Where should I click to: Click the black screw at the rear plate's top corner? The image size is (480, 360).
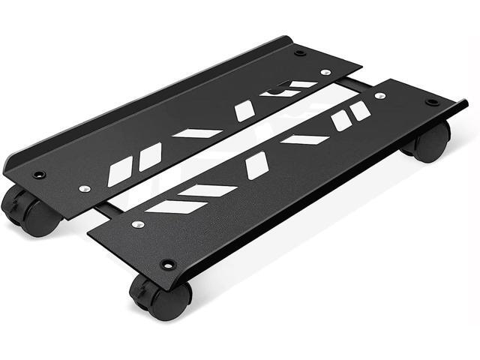coord(300,52)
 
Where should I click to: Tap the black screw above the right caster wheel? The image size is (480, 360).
coord(432,102)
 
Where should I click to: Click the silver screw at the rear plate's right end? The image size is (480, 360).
coord(325,73)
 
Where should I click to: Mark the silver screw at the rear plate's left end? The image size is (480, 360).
coord(85,188)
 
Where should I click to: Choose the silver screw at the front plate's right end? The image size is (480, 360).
coord(379,95)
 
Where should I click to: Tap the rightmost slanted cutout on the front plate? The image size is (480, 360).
coord(361,110)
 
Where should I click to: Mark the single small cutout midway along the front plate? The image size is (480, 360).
coord(256,166)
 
